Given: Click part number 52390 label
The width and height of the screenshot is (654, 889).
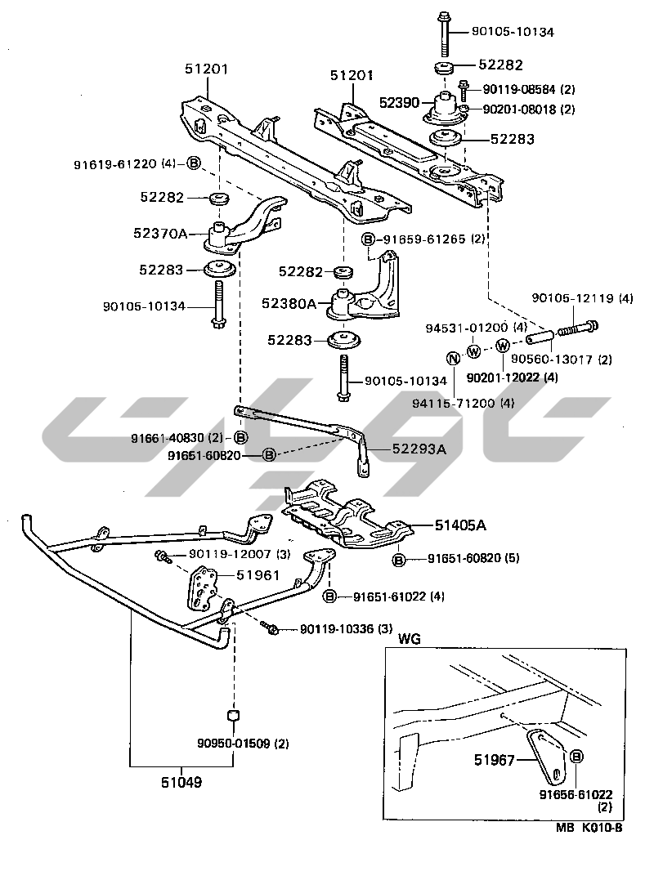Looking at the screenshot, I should pos(399,103).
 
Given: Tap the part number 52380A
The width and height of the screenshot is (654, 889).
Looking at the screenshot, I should pos(289,303).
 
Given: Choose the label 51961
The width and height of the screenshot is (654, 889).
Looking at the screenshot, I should pos(258,575).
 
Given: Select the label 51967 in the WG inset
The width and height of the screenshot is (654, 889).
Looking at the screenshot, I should pos(494,761).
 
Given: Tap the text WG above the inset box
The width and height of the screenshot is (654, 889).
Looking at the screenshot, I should pos(409,639).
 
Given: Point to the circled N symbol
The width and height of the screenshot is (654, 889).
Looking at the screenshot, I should pos(451,357).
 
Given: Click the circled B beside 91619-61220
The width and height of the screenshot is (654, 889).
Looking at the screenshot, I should pos(194,163).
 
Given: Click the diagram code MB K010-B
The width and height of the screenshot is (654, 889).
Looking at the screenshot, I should pos(591,827).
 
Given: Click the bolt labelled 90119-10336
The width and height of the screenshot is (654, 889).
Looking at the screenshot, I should pos(272,629).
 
